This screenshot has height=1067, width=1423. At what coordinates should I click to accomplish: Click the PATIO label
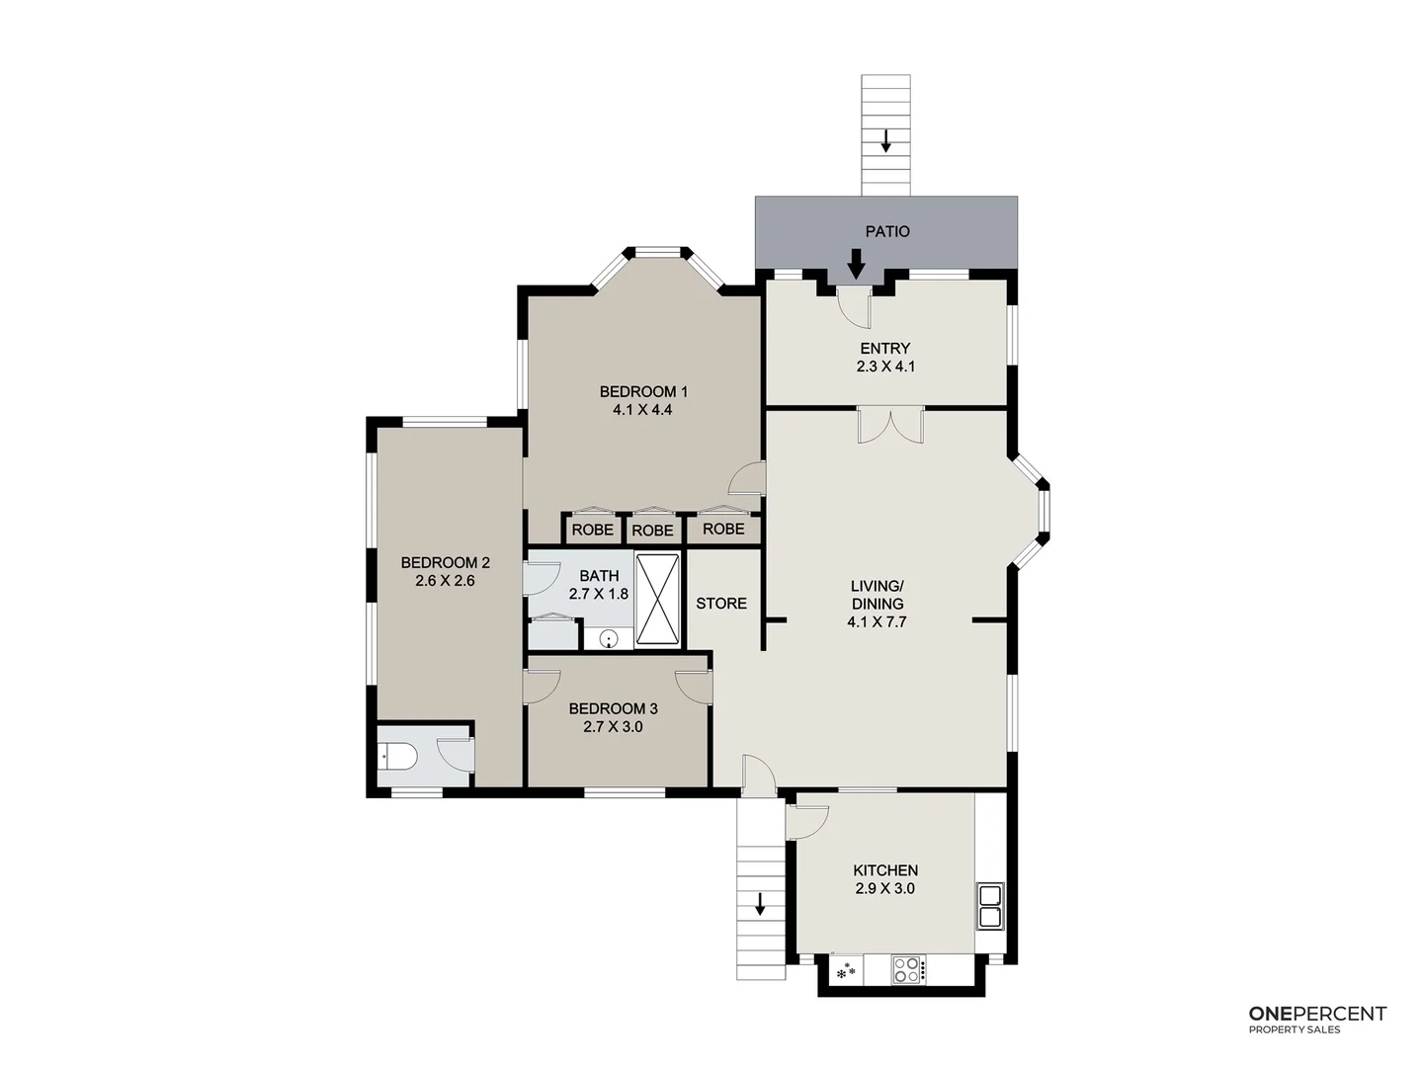coord(886,231)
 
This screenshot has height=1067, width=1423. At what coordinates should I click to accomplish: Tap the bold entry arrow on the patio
coord(856,264)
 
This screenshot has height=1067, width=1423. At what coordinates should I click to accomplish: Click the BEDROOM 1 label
coord(642,391)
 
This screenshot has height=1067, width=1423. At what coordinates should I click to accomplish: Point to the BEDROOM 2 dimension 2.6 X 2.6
coord(445,581)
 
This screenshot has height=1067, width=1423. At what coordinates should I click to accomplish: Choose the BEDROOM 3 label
coord(613,708)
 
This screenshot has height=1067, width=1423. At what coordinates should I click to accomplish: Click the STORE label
coord(721,604)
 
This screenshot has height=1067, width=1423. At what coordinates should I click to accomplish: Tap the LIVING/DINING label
coord(877,595)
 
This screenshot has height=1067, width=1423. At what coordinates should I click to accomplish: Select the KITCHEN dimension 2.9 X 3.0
coord(885,888)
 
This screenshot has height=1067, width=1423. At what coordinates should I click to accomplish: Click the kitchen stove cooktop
coord(908,969)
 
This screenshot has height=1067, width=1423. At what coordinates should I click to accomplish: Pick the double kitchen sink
coord(989,907)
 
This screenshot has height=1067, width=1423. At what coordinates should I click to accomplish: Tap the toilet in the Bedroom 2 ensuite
coord(397,758)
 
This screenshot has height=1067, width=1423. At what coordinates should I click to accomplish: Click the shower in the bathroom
coord(657,600)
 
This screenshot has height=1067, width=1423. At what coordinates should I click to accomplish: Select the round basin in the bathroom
coord(610,638)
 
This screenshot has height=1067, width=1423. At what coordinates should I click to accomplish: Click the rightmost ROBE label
coord(723,529)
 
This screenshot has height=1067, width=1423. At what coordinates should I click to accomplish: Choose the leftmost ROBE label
coord(592,530)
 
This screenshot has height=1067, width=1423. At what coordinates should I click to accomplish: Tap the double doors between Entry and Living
coord(890,425)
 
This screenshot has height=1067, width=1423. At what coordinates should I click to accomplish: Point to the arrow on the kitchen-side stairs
coord(760,902)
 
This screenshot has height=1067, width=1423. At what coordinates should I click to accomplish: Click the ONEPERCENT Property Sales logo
coord(1317,1020)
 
